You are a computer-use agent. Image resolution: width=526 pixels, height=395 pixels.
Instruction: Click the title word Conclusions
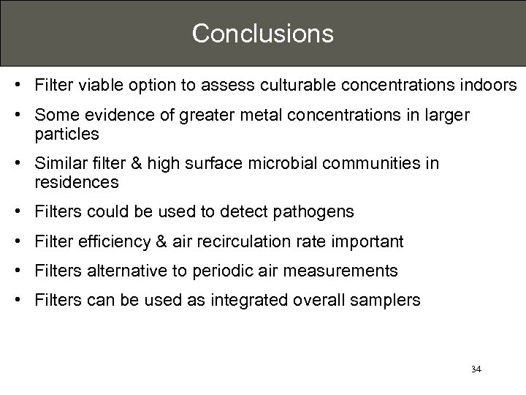(262, 33)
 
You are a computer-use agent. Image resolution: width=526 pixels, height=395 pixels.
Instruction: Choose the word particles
(66, 135)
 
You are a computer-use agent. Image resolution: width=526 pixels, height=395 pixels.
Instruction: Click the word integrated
(254, 300)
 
